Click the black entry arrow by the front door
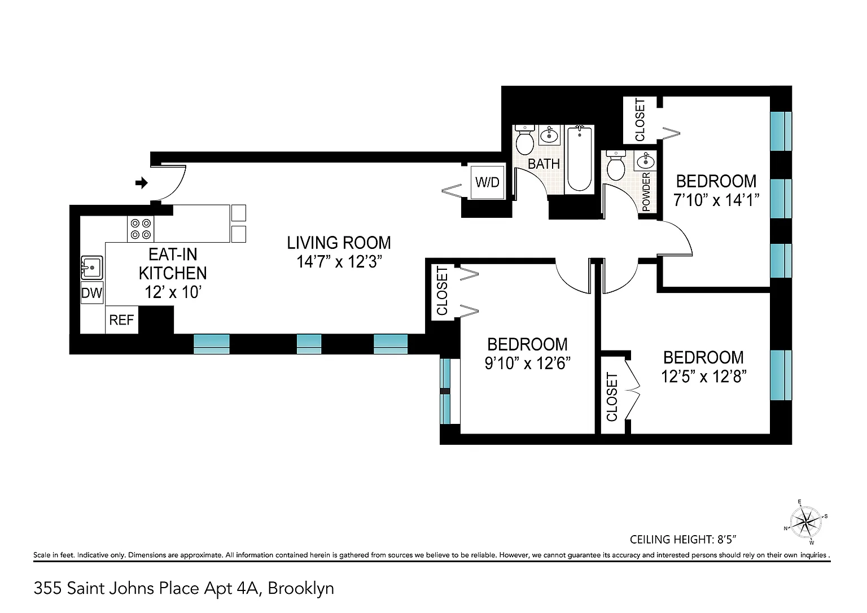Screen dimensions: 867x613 [142, 183]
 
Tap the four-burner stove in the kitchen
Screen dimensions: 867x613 [141, 229]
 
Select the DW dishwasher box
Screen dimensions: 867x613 [92, 293]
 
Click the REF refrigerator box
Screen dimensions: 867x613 [121, 320]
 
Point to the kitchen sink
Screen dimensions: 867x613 [92, 268]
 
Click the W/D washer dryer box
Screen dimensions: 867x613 [487, 182]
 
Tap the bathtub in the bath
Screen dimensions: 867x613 [580, 158]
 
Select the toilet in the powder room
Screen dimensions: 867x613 [616, 165]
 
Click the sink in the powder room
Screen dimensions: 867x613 [645, 161]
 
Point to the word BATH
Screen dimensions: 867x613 [544, 164]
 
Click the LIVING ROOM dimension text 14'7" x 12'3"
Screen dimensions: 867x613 [339, 262]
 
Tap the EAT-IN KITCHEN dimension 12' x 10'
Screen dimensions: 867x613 [173, 292]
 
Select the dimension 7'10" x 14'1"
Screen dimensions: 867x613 [716, 200]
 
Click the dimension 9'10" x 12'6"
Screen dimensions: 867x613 [528, 364]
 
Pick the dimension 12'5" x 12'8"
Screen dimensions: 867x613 [704, 376]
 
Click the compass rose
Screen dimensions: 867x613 [805, 522]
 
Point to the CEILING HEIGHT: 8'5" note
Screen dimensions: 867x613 [683, 540]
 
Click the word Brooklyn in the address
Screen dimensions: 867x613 [301, 589]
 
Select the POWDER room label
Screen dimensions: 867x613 [646, 192]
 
